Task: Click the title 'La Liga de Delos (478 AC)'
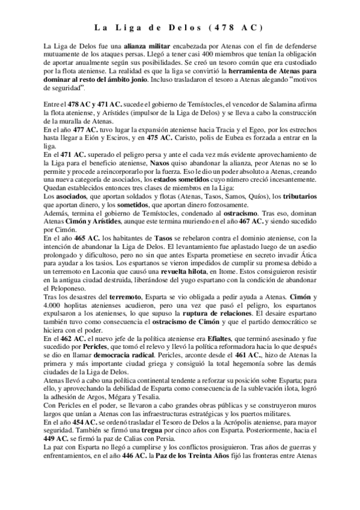180,28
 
